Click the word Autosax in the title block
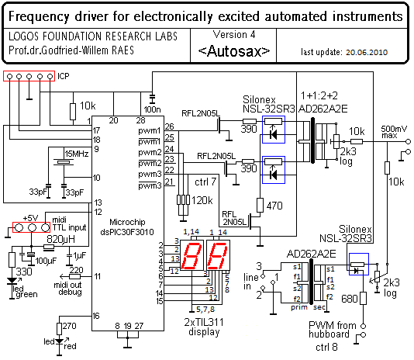pyautogui.click(x=234, y=51)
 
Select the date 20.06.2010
pyautogui.click(x=367, y=52)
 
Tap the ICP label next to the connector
pyautogui.click(x=64, y=76)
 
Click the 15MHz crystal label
pyautogui.click(x=77, y=154)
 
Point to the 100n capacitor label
pyautogui.click(x=153, y=109)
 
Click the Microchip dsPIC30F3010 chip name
pyautogui.click(x=127, y=227)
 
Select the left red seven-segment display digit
pyautogui.click(x=192, y=255)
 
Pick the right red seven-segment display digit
pyautogui.click(x=218, y=255)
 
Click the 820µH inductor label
pyautogui.click(x=60, y=239)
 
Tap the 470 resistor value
pyautogui.click(x=274, y=206)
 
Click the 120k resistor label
pyautogui.click(x=202, y=201)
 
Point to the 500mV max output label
pyautogui.click(x=394, y=132)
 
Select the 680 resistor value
pyautogui.click(x=350, y=299)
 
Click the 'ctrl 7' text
pyautogui.click(x=205, y=182)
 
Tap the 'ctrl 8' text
pyautogui.click(x=326, y=347)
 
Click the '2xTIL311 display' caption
pyautogui.click(x=204, y=327)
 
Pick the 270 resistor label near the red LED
pyautogui.click(x=69, y=326)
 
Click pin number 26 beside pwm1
pyautogui.click(x=169, y=126)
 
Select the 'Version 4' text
pyautogui.click(x=234, y=35)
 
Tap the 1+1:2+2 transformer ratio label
pyautogui.click(x=319, y=95)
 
